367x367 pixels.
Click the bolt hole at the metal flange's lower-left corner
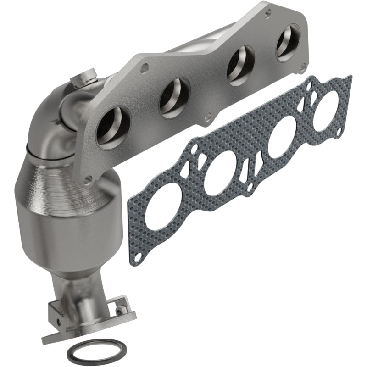pyautogui.click(x=89, y=178)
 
